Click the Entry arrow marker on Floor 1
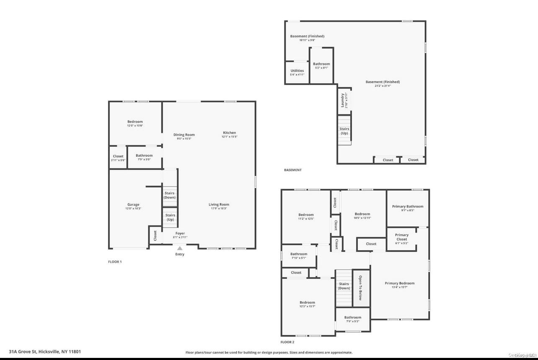pos(180,249)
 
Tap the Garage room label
pos(133,205)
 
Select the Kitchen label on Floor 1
pos(229,133)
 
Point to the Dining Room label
pos(184,135)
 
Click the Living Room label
pos(219,205)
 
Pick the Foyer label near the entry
pos(180,233)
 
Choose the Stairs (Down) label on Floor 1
pos(170,195)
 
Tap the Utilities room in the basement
pos(297,71)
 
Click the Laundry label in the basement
pos(343,100)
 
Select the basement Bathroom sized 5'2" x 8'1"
pos(321,66)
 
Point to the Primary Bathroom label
pos(407,206)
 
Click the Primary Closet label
pos(401,237)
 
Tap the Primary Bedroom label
pos(399,283)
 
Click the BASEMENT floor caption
pos(292,170)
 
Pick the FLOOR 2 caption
pos(287,342)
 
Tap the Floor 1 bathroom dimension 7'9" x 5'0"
pos(144,159)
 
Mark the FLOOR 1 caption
pos(115,262)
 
